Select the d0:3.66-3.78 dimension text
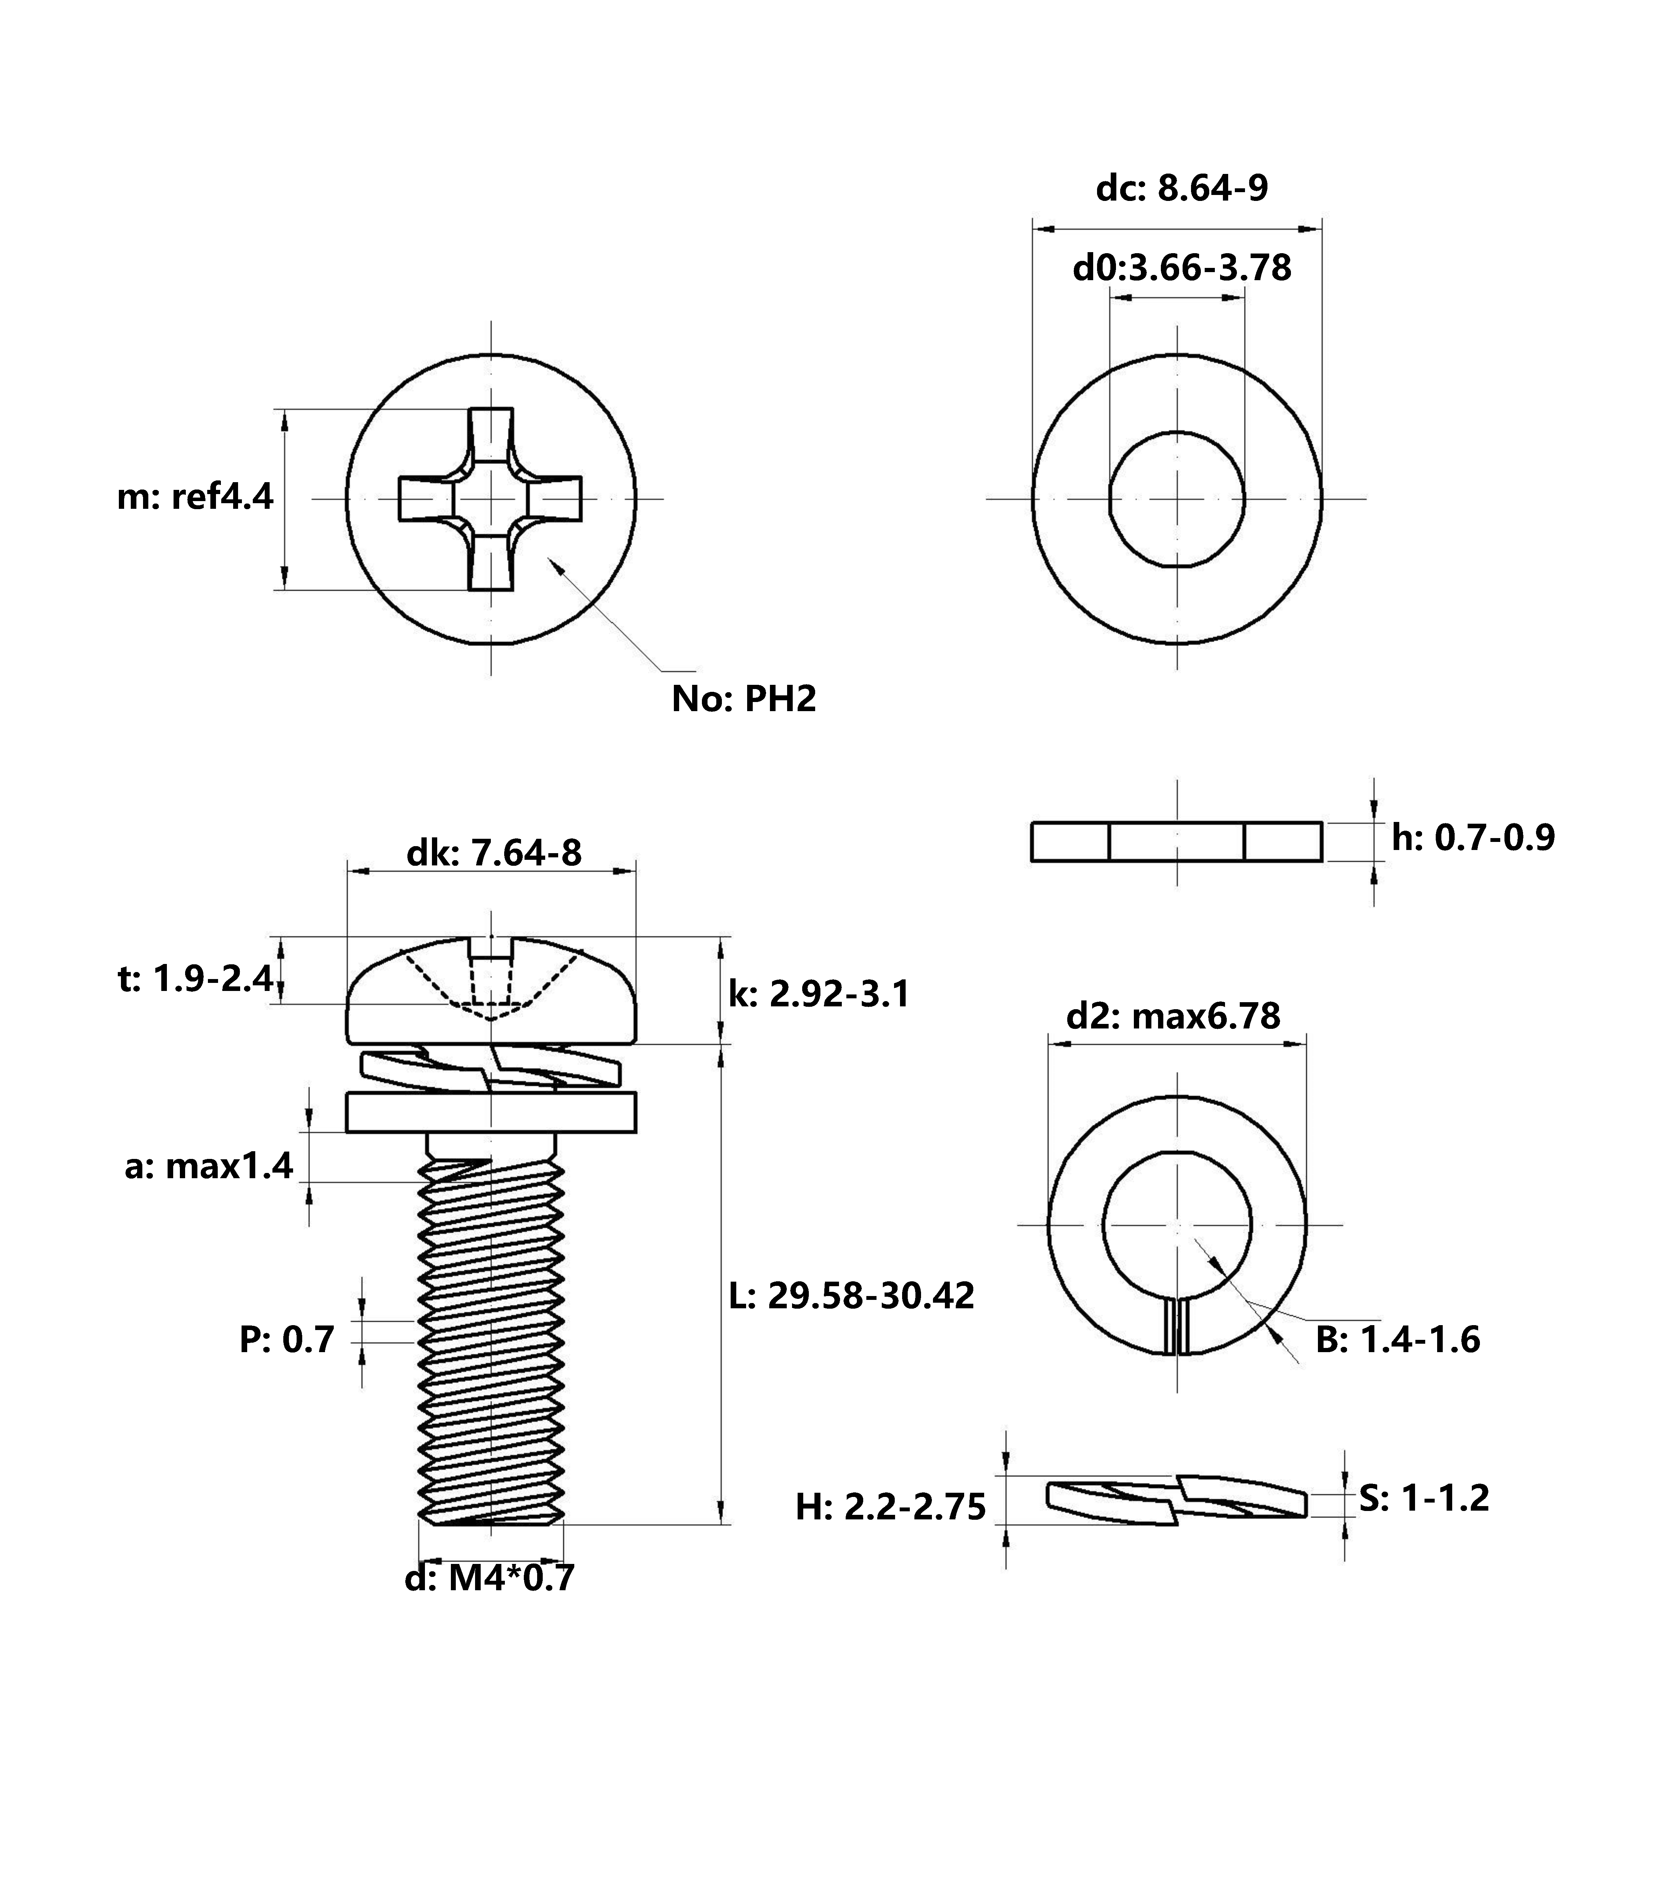tap(1182, 268)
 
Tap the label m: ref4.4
tap(195, 497)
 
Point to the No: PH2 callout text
tap(744, 699)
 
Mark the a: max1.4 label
tap(209, 1166)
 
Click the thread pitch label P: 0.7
tap(287, 1340)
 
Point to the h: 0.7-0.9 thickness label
tap(1473, 838)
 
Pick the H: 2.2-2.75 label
tap(891, 1507)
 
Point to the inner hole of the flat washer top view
tap(1177, 499)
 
